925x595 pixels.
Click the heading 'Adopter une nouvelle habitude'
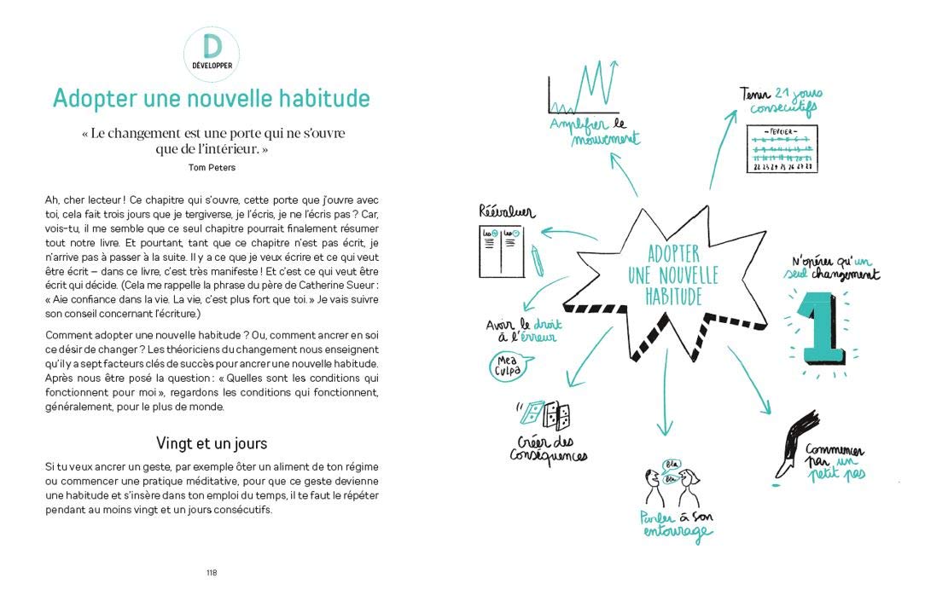[211, 98]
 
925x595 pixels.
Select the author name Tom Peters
[211, 167]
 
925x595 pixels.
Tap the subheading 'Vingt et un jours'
[211, 443]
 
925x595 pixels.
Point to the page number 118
[211, 572]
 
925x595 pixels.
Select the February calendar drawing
[781, 149]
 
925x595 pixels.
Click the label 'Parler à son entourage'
[677, 526]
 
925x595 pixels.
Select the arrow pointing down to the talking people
[662, 405]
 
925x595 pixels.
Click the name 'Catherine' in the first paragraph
[322, 284]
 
